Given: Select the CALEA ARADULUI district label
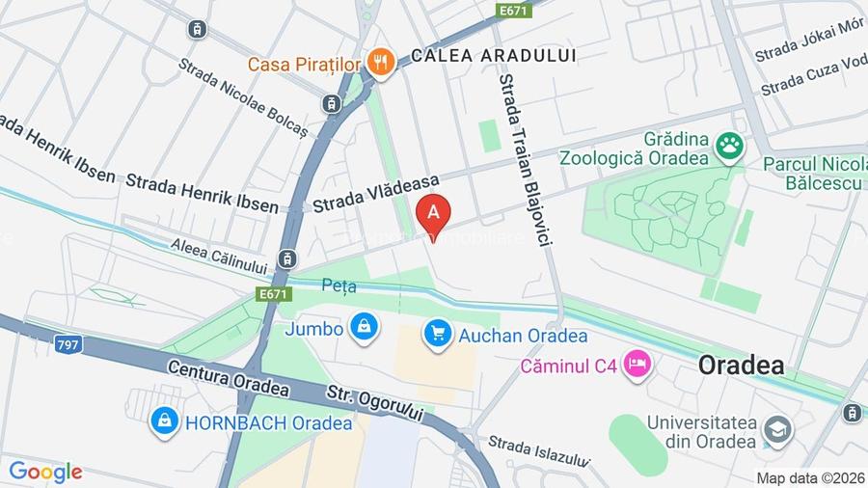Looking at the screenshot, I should tap(493, 56).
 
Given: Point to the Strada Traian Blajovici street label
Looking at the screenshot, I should tap(523, 164).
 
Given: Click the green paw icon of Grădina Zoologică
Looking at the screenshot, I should tap(730, 148).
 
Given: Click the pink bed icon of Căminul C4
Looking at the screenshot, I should tap(637, 365).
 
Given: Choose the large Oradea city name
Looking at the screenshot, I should tap(741, 366).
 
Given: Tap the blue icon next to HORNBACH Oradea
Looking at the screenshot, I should tap(165, 421).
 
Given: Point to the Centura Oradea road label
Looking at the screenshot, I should tap(228, 378).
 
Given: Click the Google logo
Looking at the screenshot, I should tap(45, 472).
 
